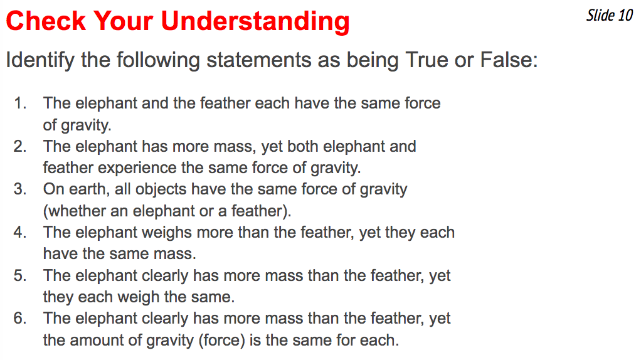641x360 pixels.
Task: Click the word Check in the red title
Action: [45, 21]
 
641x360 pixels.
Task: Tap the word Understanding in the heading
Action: [255, 22]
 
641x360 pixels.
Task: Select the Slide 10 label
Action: [610, 16]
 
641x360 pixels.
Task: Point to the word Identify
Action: [40, 60]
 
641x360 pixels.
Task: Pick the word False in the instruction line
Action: [509, 60]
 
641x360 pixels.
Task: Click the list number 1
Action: [20, 103]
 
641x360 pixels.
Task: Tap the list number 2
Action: [20, 146]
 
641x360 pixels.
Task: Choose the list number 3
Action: [20, 189]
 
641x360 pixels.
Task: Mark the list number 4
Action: [20, 233]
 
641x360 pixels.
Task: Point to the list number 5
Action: [20, 275]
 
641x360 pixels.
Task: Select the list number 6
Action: [20, 319]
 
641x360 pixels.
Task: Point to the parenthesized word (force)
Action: [221, 341]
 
